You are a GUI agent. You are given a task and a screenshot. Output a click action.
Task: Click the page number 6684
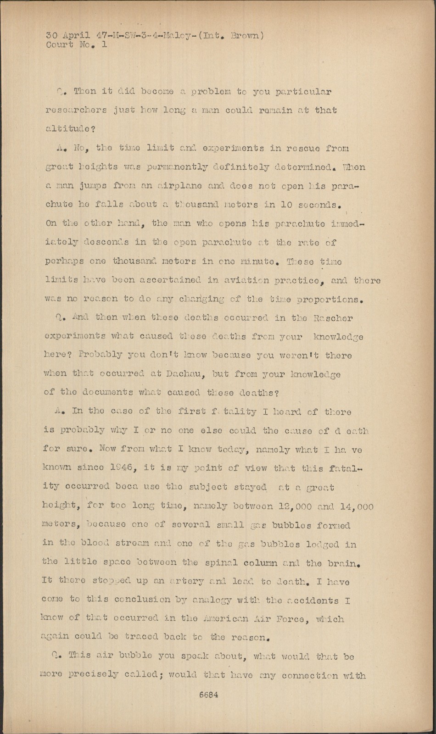click(208, 695)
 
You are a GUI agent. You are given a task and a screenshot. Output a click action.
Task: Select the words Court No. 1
click(76, 45)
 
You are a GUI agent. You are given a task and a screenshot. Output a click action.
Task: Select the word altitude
click(68, 129)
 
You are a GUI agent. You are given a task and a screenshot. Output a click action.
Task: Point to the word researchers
click(76, 111)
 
